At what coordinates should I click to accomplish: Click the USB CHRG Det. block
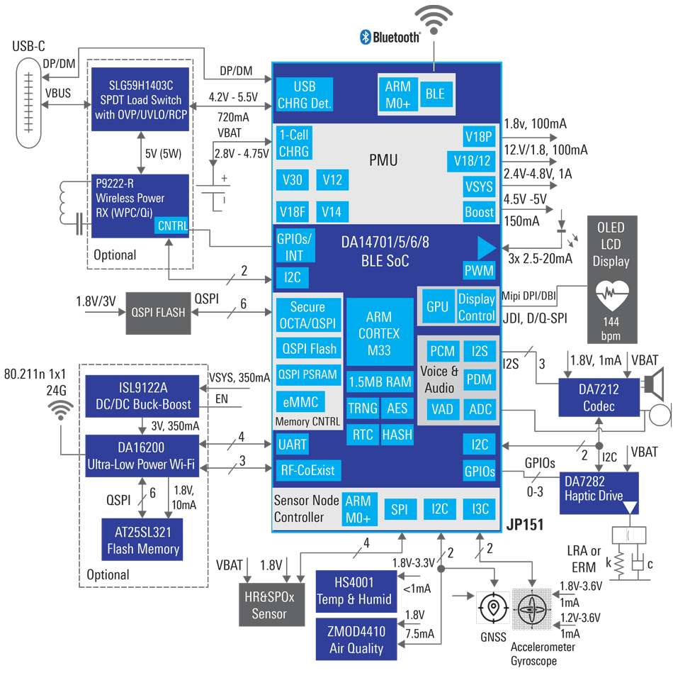(x=304, y=94)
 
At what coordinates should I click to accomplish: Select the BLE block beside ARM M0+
(x=434, y=94)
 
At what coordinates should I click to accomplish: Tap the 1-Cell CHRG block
(x=293, y=143)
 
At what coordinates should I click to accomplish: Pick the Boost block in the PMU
(x=479, y=211)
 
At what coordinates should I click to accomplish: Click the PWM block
(x=479, y=270)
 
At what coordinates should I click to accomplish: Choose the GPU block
(x=437, y=306)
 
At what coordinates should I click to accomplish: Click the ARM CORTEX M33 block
(x=379, y=332)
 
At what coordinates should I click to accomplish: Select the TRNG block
(x=362, y=408)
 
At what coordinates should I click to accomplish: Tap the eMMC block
(x=300, y=402)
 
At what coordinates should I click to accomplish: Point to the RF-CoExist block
(x=307, y=469)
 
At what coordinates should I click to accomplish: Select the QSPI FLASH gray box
(x=158, y=312)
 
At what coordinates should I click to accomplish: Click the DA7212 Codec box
(x=598, y=398)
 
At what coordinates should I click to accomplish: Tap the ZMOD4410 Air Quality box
(x=356, y=640)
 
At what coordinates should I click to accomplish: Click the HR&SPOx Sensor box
(x=268, y=606)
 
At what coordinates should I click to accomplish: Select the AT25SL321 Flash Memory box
(x=143, y=539)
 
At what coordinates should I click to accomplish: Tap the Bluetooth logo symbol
(x=366, y=37)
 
